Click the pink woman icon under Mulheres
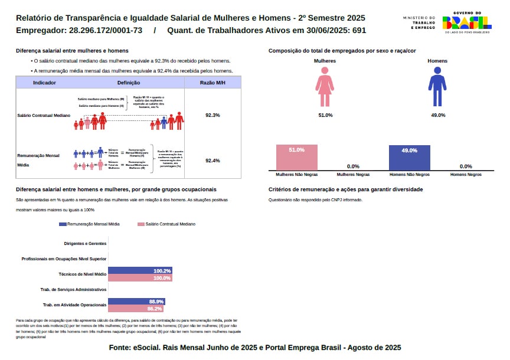pyautogui.click(x=325, y=86)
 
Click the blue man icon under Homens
pyautogui.click(x=437, y=86)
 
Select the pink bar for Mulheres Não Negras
pyautogui.click(x=296, y=158)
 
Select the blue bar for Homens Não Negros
pyautogui.click(x=409, y=158)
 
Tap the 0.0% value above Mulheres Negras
pyautogui.click(x=353, y=166)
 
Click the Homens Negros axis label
pyautogui.click(x=466, y=175)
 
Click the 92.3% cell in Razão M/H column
pyautogui.click(x=212, y=115)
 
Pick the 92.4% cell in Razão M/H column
pyautogui.click(x=212, y=161)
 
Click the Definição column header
pyautogui.click(x=129, y=83)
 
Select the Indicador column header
pyautogui.click(x=44, y=83)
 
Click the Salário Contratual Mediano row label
pyautogui.click(x=44, y=115)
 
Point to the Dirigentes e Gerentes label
pyautogui.click(x=85, y=243)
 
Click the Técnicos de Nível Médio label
pyautogui.click(x=83, y=274)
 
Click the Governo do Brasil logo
pyautogui.click(x=466, y=22)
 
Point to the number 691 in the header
pyautogui.click(x=359, y=30)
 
